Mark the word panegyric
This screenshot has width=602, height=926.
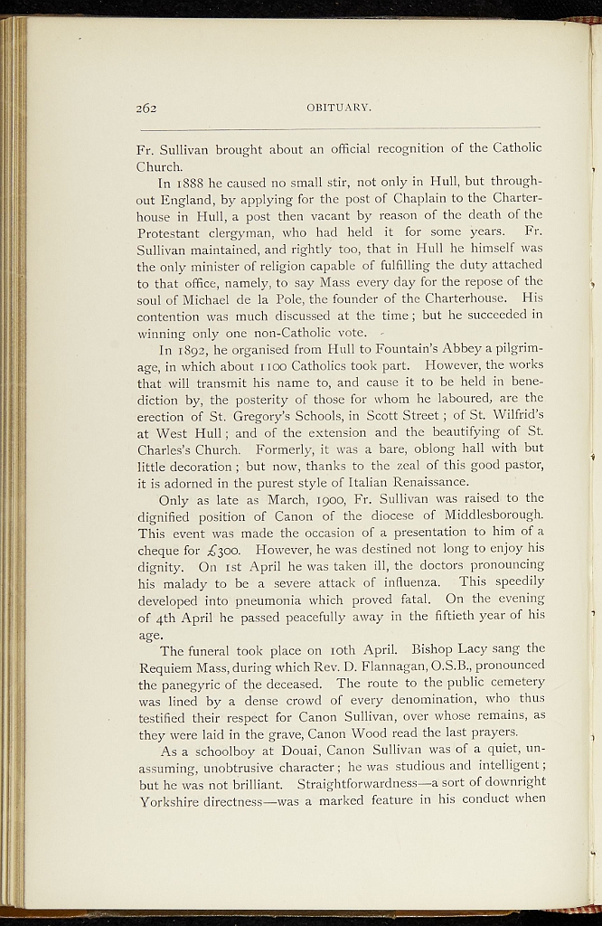(x=189, y=683)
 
